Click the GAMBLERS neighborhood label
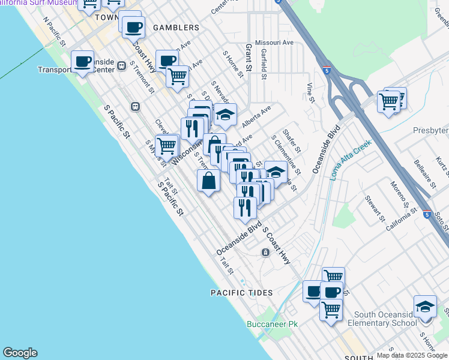coord(176,28)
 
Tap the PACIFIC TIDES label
coord(242,293)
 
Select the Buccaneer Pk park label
coord(272,324)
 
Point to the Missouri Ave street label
coord(274,43)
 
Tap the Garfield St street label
coord(264,64)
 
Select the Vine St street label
coord(310,92)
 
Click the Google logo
coord(20,353)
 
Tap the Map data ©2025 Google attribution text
coord(412,355)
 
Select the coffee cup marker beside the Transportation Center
coord(82,61)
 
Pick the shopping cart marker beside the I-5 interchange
coord(389,101)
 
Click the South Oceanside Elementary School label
coord(385,319)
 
